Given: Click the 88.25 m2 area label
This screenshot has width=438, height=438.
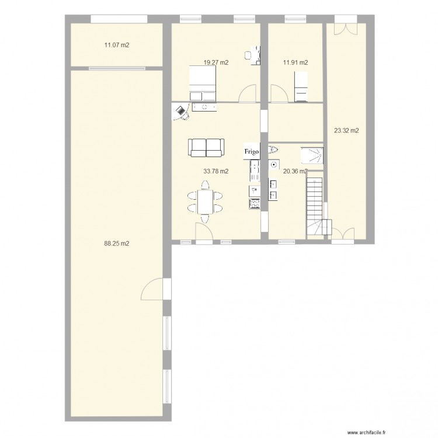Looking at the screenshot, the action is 116,244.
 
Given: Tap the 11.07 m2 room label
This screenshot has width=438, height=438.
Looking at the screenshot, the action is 117,45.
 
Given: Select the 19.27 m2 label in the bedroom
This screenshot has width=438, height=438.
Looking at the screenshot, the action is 216,62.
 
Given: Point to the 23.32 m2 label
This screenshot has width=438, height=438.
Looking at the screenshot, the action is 346,130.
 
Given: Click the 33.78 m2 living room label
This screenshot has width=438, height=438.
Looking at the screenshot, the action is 216,171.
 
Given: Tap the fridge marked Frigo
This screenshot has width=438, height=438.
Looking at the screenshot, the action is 252,151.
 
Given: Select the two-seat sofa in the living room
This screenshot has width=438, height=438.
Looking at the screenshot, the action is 206,148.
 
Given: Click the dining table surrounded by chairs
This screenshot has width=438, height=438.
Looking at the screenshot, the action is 206,201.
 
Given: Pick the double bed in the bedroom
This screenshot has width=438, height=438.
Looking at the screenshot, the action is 203,83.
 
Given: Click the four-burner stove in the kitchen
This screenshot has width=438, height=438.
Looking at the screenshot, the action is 255,204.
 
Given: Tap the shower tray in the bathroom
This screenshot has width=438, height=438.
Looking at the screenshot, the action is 312,155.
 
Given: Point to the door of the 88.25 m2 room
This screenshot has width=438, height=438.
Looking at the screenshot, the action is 152,289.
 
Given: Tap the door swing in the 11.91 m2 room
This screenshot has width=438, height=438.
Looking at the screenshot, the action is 280,93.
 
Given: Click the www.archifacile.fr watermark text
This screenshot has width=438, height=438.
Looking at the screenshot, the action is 366,433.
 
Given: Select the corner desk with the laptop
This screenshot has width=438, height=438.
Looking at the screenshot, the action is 180,112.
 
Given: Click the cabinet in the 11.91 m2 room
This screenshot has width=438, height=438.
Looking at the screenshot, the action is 301,86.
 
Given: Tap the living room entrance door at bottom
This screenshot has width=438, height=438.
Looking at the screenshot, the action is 204,231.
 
